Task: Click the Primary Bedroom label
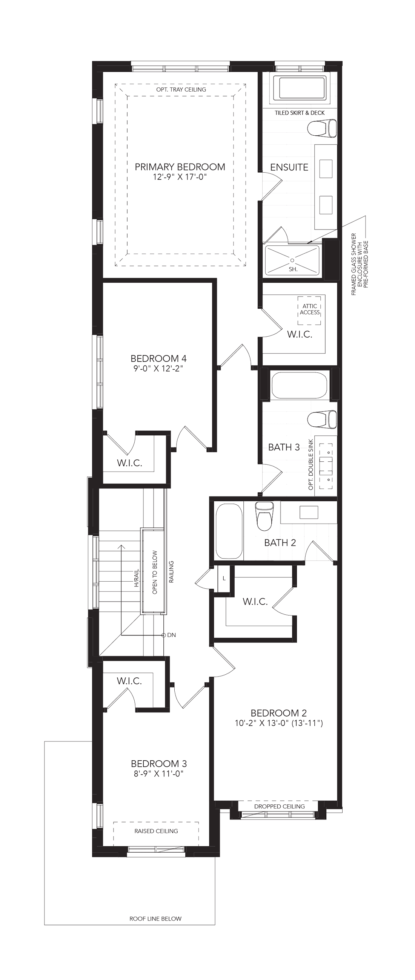pyautogui.click(x=180, y=167)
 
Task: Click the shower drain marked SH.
pyautogui.click(x=292, y=260)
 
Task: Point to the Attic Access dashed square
pyautogui.click(x=309, y=311)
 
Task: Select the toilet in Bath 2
pyautogui.click(x=264, y=516)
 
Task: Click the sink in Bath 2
pyautogui.click(x=309, y=512)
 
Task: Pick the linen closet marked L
pyautogui.click(x=224, y=579)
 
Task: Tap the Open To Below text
pyautogui.click(x=155, y=572)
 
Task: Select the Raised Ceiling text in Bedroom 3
pyautogui.click(x=156, y=831)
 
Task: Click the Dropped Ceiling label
pyautogui.click(x=280, y=806)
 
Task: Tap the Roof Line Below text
pyautogui.click(x=155, y=918)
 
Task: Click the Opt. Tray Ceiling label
pyautogui.click(x=181, y=89)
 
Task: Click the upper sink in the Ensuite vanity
pyautogui.click(x=326, y=169)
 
